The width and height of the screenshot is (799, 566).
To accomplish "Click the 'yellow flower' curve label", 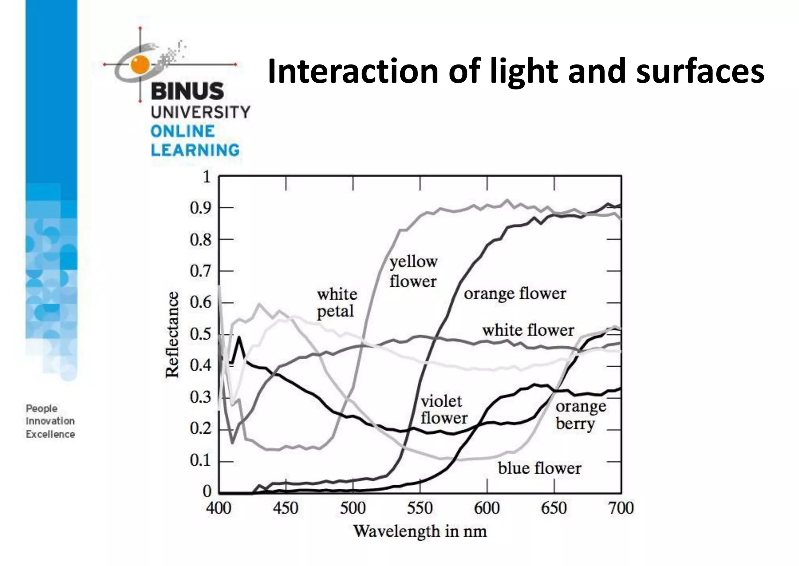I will (x=413, y=272).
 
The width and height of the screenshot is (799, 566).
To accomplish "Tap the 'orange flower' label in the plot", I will (x=515, y=294).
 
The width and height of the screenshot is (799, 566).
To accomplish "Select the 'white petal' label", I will (x=337, y=303).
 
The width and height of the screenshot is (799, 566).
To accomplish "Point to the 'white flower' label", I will (x=528, y=331).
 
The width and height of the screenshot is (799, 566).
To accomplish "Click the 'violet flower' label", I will (x=444, y=410).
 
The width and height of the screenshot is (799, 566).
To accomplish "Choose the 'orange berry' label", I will (x=581, y=415).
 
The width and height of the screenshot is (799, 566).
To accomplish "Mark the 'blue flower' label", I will (x=539, y=468).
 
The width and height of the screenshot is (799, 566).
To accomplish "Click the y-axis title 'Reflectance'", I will (x=172, y=335).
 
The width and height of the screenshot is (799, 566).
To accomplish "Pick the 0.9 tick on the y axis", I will (x=200, y=208).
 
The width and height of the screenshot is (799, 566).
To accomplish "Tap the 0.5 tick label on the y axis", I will (x=200, y=335).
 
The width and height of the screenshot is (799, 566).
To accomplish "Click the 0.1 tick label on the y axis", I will (x=200, y=461).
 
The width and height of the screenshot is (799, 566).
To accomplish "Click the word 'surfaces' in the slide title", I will (x=700, y=71).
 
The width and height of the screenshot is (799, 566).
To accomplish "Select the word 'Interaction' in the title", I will (x=353, y=71).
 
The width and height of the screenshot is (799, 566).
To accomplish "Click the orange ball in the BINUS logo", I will (x=140, y=64).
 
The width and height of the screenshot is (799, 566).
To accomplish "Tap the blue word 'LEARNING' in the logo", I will (x=195, y=150).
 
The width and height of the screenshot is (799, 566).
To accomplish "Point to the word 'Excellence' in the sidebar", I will (x=50, y=434).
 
